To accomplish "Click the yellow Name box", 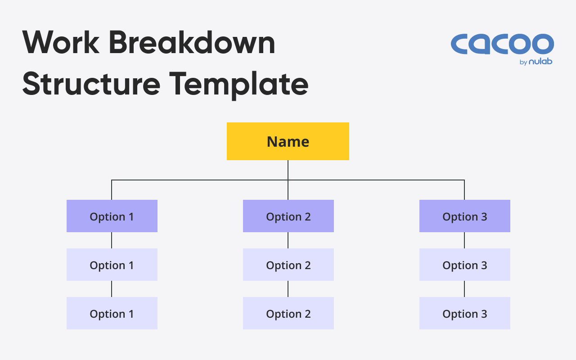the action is click(288, 141).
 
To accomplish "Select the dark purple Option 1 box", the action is click(112, 216).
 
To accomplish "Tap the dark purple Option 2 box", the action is click(288, 216).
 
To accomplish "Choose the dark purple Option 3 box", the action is click(465, 216).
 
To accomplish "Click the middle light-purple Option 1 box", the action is click(112, 265).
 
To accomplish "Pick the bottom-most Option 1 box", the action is click(112, 313).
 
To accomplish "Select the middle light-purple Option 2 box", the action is click(288, 265).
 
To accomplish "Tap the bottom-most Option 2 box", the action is click(288, 313).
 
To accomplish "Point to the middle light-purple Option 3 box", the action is click(465, 265).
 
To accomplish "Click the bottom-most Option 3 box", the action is click(465, 313).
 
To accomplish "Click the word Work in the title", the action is click(61, 42).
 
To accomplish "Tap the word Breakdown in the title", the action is click(192, 42).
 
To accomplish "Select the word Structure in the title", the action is click(91, 84).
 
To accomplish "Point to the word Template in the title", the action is click(239, 85).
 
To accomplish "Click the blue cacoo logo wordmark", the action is click(502, 44).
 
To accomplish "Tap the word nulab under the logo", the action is click(540, 62).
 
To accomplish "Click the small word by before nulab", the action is click(523, 62).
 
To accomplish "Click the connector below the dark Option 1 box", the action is click(112, 240).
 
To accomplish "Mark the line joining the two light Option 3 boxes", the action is click(464, 289).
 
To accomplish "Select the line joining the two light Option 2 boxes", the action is click(288, 289).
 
